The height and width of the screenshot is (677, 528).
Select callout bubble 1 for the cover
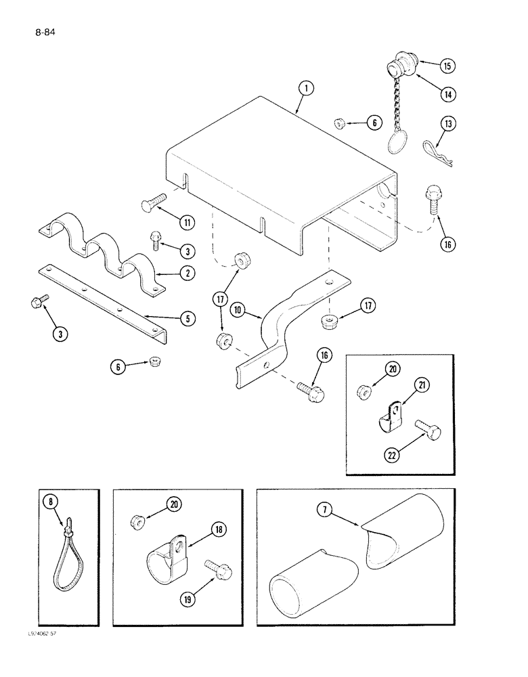(x=306, y=87)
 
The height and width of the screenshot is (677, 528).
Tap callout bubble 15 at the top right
(x=447, y=66)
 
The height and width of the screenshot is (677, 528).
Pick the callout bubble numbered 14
(x=447, y=94)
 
